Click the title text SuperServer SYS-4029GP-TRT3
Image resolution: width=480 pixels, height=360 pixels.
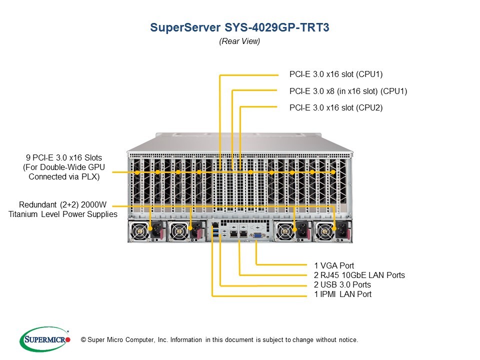tap(239, 27)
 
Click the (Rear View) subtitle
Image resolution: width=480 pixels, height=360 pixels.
tap(239, 42)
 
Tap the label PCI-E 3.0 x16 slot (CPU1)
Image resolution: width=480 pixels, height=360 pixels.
tap(336, 74)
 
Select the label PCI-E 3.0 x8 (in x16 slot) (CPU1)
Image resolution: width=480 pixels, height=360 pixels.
tap(348, 91)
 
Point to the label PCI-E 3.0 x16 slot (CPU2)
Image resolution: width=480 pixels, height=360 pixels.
tap(336, 107)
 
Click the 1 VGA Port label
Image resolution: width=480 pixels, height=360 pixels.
tap(334, 265)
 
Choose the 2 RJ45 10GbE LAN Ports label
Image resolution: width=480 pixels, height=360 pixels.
tap(359, 275)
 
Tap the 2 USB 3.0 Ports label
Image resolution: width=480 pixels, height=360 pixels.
tap(342, 284)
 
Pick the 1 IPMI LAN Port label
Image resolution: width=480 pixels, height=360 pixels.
tap(342, 294)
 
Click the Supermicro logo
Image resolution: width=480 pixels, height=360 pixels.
tap(44, 339)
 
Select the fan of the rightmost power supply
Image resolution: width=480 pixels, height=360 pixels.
tap(324, 231)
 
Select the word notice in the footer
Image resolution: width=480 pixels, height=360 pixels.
tap(347, 340)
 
